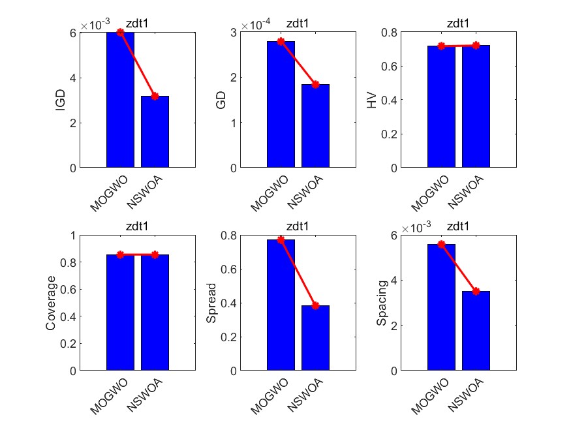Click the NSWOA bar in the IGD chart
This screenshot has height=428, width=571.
(x=155, y=132)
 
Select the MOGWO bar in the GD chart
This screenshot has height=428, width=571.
(x=281, y=104)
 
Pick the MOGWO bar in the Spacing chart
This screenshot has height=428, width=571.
(x=441, y=307)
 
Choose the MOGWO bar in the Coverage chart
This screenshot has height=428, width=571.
(x=120, y=313)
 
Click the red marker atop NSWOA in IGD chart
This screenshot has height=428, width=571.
(x=155, y=96)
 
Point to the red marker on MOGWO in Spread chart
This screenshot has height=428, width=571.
(x=281, y=239)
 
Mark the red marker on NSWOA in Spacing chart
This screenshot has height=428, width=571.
(x=476, y=291)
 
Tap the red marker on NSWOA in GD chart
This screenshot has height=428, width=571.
(x=315, y=84)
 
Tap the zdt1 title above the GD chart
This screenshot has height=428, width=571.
(x=297, y=25)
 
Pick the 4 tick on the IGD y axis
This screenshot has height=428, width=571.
(x=74, y=78)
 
